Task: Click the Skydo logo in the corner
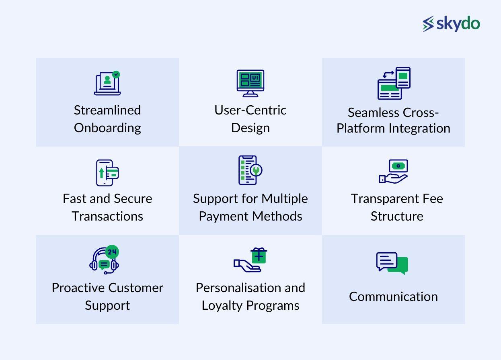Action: [451, 24]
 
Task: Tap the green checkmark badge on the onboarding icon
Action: [116, 74]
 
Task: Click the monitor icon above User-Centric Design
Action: [250, 83]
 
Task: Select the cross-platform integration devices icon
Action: [394, 83]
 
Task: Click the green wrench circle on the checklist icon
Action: [256, 170]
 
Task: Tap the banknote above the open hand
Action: [398, 166]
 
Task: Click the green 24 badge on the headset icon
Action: [112, 252]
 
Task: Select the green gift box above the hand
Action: [259, 256]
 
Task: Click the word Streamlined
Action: [107, 110]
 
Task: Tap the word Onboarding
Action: [107, 128]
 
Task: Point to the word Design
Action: [250, 128]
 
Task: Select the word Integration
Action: [420, 129]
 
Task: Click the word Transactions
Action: [107, 216]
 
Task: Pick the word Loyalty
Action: [222, 306]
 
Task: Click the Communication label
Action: [393, 297]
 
